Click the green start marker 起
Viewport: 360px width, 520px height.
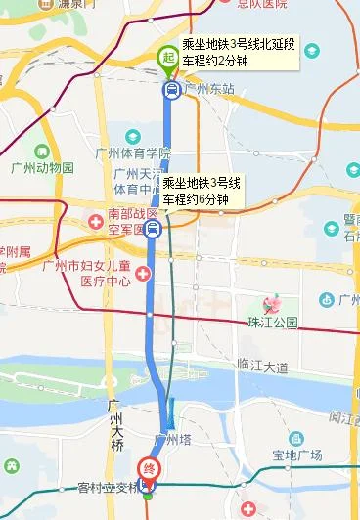click(168, 59)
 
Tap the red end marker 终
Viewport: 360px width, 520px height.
click(150, 468)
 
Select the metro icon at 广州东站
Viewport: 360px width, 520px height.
click(171, 90)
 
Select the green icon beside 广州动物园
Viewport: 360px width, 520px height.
click(41, 152)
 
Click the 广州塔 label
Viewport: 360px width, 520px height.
click(174, 439)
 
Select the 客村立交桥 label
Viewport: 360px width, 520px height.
click(102, 487)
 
